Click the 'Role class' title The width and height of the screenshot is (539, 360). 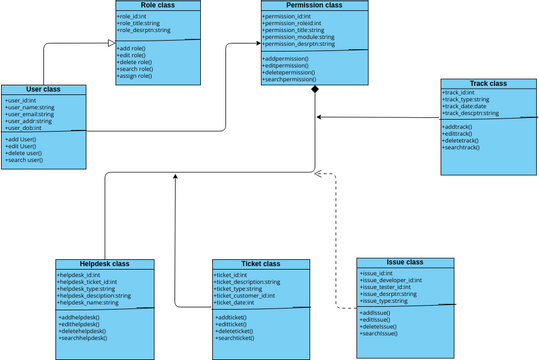pyautogui.click(x=143, y=6)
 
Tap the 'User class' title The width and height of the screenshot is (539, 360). pyautogui.click(x=44, y=90)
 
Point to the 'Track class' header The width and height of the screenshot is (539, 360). pyautogui.click(x=487, y=83)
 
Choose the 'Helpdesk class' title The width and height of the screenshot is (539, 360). pyautogui.click(x=106, y=264)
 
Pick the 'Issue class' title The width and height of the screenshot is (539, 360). pyautogui.click(x=406, y=262)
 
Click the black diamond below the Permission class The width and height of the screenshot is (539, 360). pyautogui.click(x=315, y=91)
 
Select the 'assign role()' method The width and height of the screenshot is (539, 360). pyautogui.click(x=136, y=76)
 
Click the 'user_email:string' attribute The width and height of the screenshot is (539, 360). pyautogui.click(x=30, y=114)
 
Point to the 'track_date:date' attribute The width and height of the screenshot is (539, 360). pyautogui.click(x=467, y=106)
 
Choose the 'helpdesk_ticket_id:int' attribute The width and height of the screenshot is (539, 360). pyautogui.click(x=90, y=282)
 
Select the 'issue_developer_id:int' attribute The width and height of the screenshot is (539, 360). pyautogui.click(x=391, y=280)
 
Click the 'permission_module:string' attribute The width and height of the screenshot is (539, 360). pyautogui.click(x=299, y=37)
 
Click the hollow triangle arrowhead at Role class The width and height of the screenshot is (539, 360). pyautogui.click(x=110, y=43)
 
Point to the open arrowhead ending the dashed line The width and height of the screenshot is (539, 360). pyautogui.click(x=319, y=173)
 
